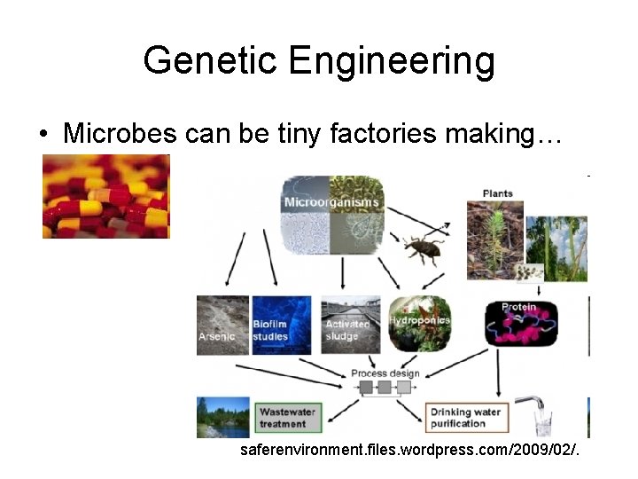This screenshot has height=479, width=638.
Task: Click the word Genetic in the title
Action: point(210,60)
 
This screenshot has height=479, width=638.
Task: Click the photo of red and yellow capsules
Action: point(105,196)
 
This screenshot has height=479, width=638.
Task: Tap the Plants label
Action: point(497,193)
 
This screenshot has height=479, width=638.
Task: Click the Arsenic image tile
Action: point(222,325)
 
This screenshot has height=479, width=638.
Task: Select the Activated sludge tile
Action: point(346,325)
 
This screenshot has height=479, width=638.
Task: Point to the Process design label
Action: point(385,373)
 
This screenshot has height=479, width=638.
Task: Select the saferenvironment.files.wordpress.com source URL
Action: point(410,451)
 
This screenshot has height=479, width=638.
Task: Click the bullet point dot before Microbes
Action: point(43,135)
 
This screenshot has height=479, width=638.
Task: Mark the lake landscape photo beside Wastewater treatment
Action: point(222,417)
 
